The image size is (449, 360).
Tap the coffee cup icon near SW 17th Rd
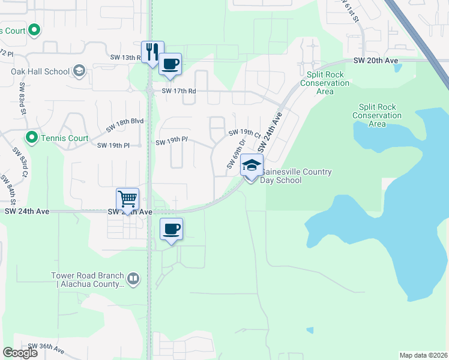coord(170,64)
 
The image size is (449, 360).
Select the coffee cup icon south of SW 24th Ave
coord(172,229)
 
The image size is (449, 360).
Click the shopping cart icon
coord(127,198)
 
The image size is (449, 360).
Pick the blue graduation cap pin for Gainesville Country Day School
coord(252,165)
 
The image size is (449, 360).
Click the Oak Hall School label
coord(40,71)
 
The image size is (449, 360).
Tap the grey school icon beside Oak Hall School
coord(79,71)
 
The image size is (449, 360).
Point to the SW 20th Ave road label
coord(376,61)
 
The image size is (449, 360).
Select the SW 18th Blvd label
coord(125,124)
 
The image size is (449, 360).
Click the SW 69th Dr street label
coord(236,154)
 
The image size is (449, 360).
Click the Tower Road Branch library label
coord(88,280)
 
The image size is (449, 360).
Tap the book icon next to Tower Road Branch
coord(133,278)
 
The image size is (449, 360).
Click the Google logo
coord(20,353)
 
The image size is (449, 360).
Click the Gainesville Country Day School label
coord(297,176)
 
